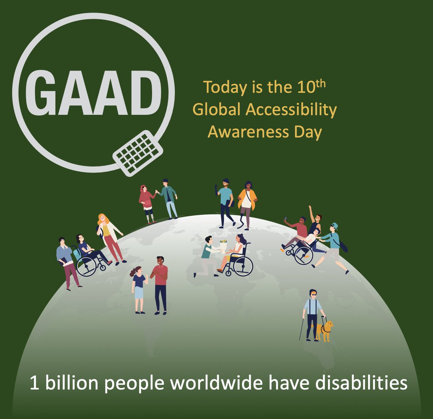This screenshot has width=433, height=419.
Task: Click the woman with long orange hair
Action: coord(110,236)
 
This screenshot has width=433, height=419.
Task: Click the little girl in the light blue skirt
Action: coord(139,288)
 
